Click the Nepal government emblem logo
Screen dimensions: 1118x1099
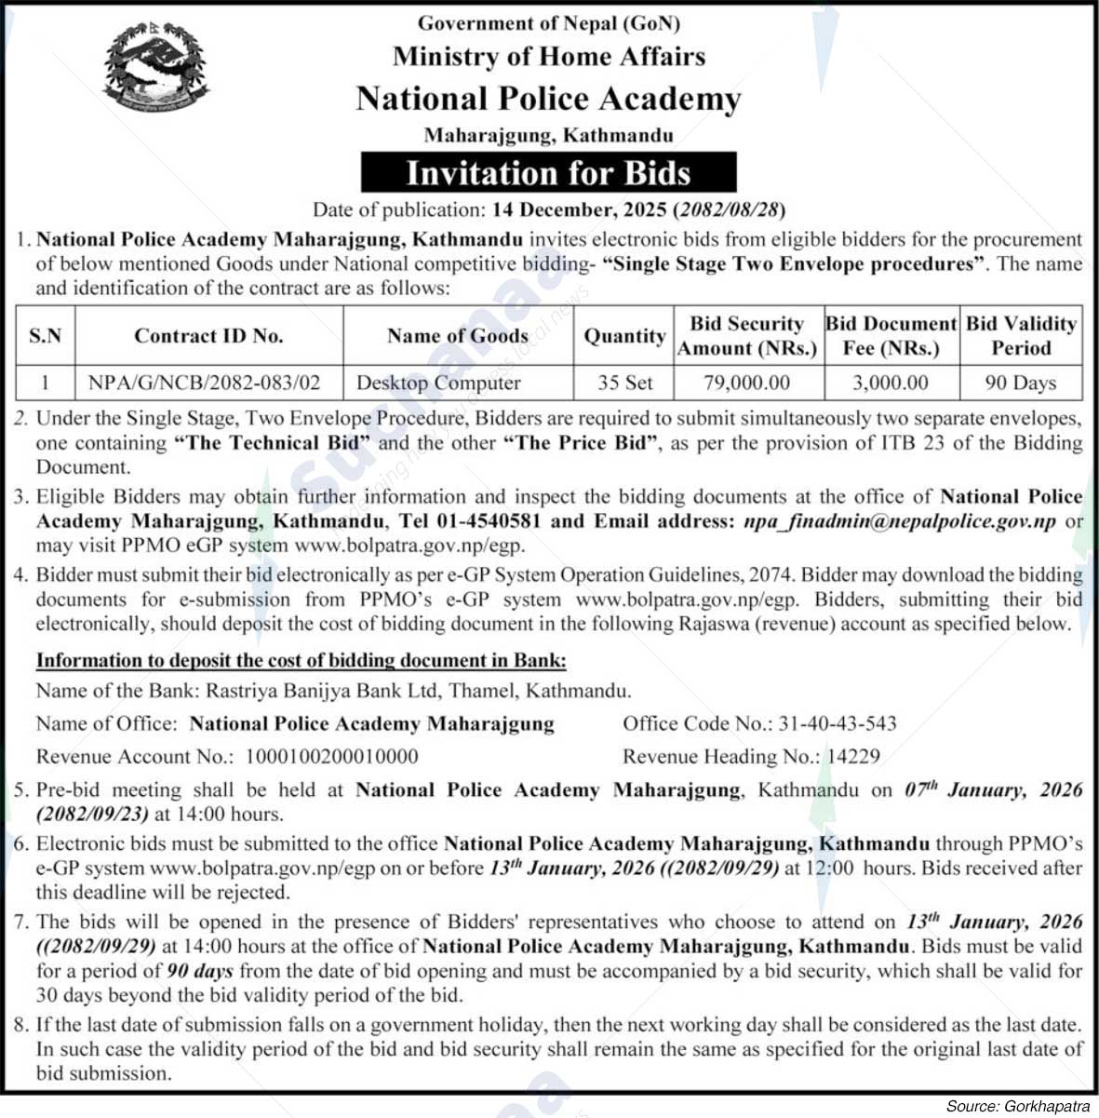tap(157, 70)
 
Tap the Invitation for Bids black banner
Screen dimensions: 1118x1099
tap(548, 173)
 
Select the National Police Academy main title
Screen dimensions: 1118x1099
tap(548, 99)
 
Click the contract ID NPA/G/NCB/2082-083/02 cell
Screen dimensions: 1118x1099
tap(204, 383)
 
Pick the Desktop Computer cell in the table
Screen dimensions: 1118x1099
tap(438, 383)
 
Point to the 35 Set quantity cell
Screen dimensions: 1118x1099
tap(624, 383)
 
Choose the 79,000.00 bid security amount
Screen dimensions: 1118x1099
tap(747, 383)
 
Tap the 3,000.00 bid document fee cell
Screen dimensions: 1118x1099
tap(891, 383)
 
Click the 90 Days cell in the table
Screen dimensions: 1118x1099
tap(1021, 383)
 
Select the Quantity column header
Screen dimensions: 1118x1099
tap(624, 336)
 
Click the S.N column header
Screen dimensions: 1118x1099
tap(45, 336)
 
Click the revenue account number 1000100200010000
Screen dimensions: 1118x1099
tap(331, 757)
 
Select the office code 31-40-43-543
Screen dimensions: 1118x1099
tap(838, 723)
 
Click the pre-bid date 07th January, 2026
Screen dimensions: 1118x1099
tap(994, 790)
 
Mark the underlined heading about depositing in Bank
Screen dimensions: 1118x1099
tap(301, 661)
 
